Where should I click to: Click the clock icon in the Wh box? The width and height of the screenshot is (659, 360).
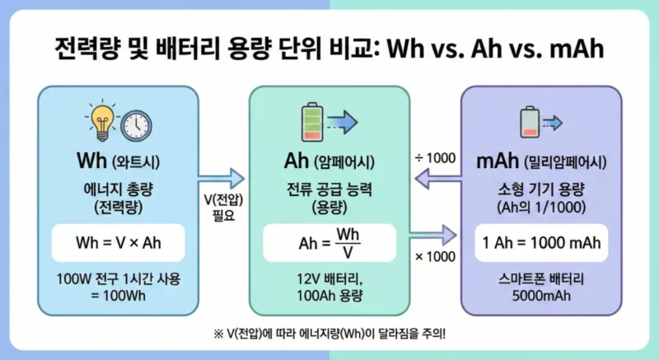[136, 125]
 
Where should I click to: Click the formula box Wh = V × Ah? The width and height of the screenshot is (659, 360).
[119, 243]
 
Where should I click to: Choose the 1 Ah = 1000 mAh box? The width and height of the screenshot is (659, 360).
[540, 243]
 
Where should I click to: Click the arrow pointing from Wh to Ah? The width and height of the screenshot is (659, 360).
[223, 178]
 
